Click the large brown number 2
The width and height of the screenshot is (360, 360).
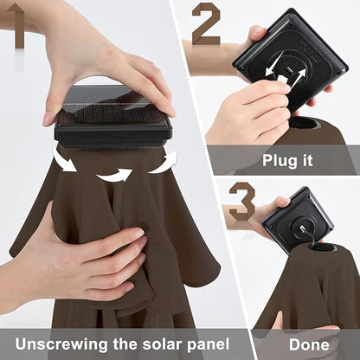click(x=206, y=23)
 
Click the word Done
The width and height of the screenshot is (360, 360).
click(x=309, y=344)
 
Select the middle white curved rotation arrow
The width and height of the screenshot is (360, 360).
click(x=114, y=176)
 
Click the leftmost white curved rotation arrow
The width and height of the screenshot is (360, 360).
click(x=65, y=160)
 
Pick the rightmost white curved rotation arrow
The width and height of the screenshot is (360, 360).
click(x=163, y=163)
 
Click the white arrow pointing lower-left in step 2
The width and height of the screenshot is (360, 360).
click(x=274, y=65)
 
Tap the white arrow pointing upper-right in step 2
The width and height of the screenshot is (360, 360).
click(x=297, y=78)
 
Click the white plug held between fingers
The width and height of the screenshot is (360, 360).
click(x=282, y=80)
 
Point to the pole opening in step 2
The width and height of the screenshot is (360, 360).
click(x=307, y=125)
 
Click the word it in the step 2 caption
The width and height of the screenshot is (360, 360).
click(x=307, y=160)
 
